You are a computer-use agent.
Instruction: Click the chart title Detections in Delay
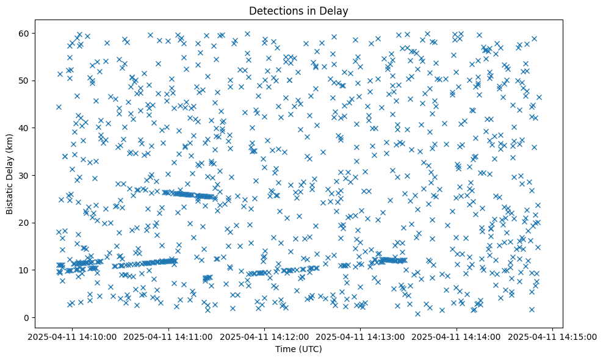[298, 10]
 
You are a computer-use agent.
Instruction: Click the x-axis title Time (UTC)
[298, 349]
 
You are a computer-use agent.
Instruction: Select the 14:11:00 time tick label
[169, 336]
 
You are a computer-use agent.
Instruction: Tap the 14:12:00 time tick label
[265, 336]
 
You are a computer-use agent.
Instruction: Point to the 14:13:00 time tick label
[361, 336]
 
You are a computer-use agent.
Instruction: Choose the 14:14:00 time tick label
[457, 336]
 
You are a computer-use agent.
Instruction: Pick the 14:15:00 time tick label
[552, 336]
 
